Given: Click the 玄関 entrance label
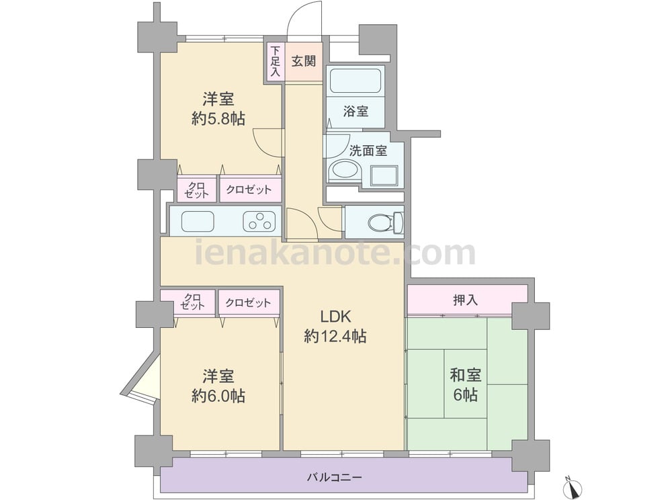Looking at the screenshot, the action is [304, 61].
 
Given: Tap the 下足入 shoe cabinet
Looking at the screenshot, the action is [275, 61].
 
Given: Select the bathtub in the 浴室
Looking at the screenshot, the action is [355, 81].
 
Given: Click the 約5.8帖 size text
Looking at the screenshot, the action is [218, 119].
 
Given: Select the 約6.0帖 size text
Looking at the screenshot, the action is [218, 396].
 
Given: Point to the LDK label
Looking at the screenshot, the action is [336, 317].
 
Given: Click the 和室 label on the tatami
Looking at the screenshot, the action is [465, 375].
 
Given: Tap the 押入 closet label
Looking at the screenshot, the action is [466, 300].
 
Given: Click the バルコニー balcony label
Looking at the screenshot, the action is [334, 477].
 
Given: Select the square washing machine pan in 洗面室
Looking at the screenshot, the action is [384, 175].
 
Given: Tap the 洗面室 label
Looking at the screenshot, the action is [368, 151].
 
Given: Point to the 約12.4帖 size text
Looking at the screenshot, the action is [335, 337].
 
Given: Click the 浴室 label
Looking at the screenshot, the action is [355, 112].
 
